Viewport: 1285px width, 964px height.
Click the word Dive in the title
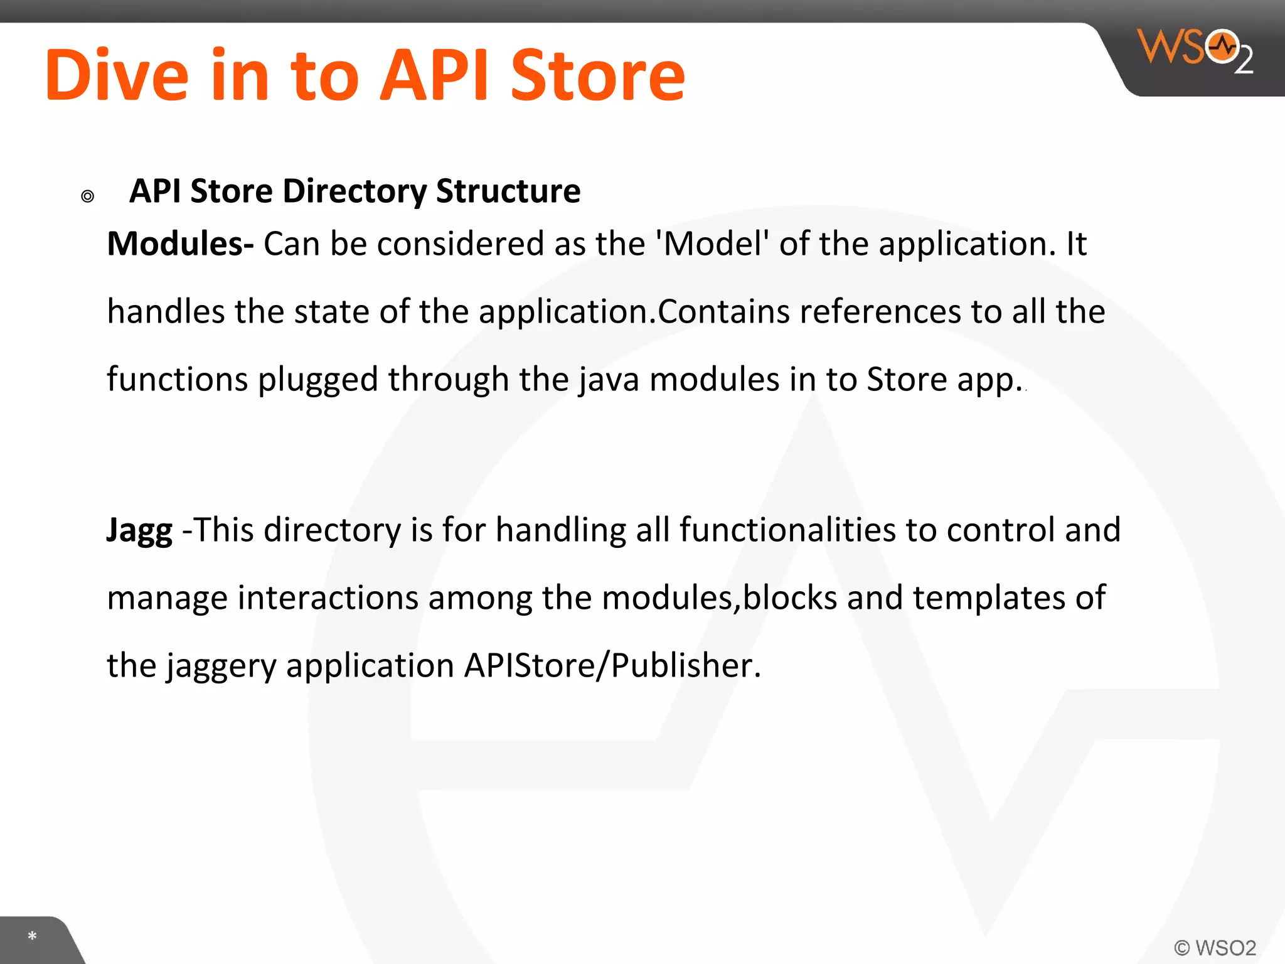(x=117, y=75)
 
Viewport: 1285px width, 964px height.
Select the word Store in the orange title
(x=597, y=75)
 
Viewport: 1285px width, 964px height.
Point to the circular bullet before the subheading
(x=88, y=196)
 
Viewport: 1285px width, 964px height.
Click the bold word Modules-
(x=180, y=244)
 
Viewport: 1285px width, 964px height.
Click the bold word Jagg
(x=139, y=531)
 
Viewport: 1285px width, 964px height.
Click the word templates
(x=988, y=597)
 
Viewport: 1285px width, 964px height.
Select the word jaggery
(x=221, y=667)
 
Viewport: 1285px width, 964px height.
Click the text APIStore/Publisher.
(x=612, y=665)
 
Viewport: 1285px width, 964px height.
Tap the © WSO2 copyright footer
(x=1215, y=947)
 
